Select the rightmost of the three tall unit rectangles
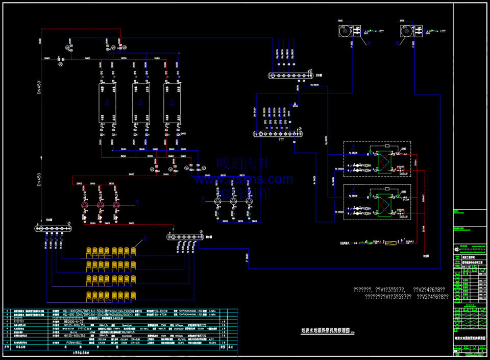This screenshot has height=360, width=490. tap(173, 102)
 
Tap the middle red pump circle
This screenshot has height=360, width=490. tap(101, 204)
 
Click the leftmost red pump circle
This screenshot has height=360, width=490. tap(85, 204)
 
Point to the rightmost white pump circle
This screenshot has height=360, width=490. tap(249, 202)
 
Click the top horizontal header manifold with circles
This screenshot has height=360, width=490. tap(288, 76)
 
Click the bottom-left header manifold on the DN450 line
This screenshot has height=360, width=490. tap(53, 228)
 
